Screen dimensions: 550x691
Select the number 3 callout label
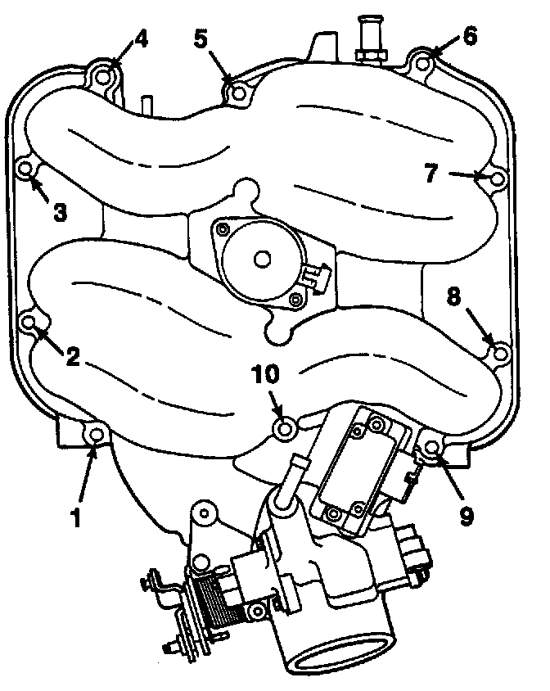click(60, 211)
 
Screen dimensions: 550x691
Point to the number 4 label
click(141, 38)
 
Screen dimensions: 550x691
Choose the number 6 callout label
click(470, 37)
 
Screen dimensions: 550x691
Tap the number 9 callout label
click(467, 514)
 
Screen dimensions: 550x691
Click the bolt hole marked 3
click(25, 169)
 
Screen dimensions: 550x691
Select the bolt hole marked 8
click(501, 352)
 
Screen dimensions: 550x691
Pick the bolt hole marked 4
click(104, 77)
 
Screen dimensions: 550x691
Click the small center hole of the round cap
click(263, 257)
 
